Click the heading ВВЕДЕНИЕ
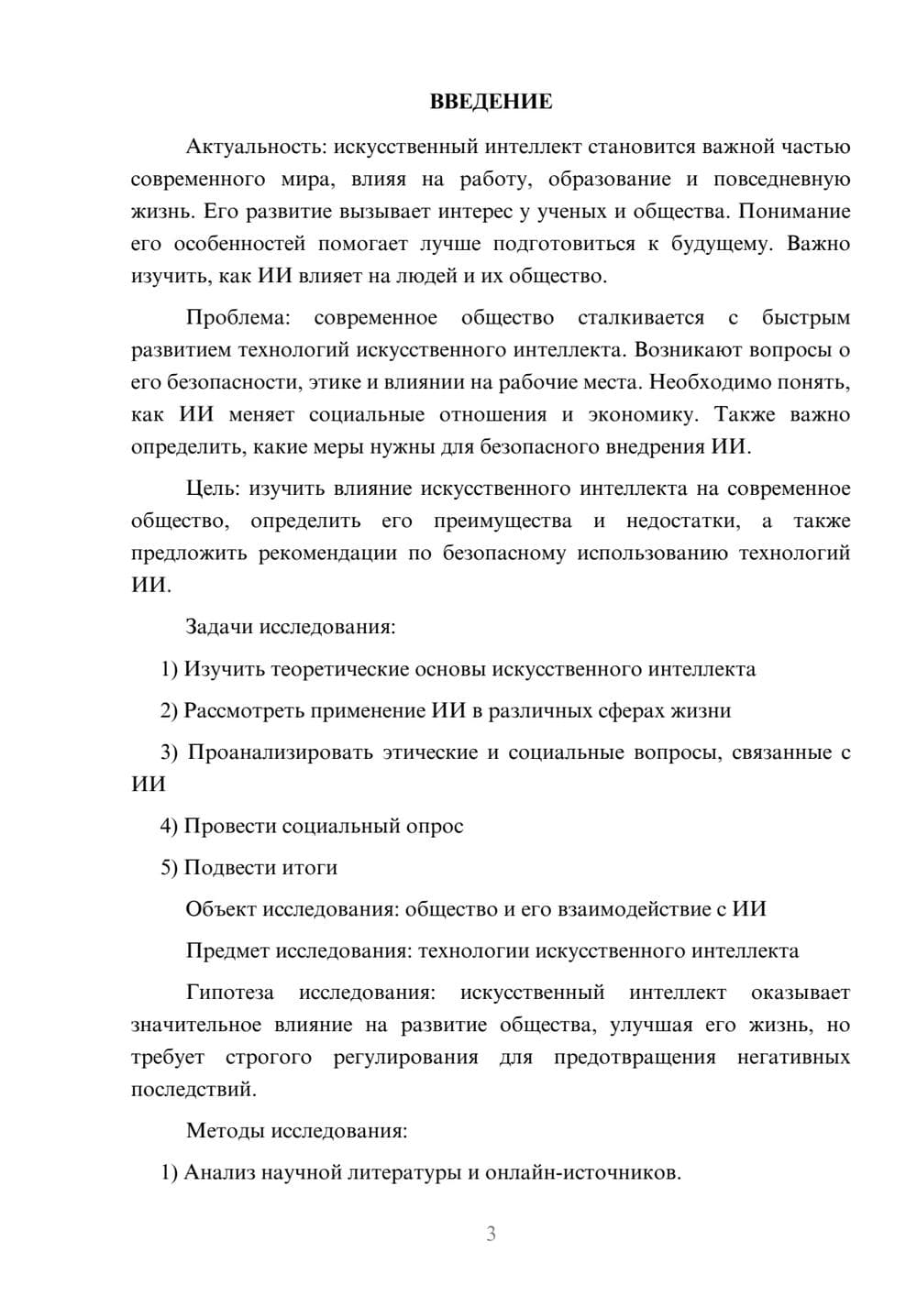pos(492,102)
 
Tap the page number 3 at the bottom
pos(492,1234)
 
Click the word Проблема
pos(238,318)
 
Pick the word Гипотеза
pos(229,993)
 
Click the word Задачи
pos(219,627)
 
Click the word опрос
pos(434,826)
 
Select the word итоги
pos(314,867)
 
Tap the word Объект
pos(221,908)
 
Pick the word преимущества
pos(503,522)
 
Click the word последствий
pos(193,1090)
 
